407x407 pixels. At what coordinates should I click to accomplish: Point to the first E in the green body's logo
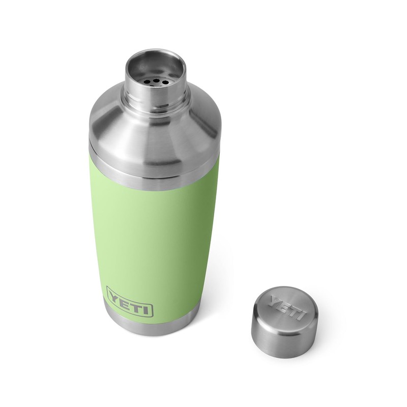click(x=124, y=299)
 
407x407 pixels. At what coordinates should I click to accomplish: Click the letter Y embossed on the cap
click(x=275, y=301)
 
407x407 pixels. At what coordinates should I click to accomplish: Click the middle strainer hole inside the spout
click(x=153, y=80)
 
